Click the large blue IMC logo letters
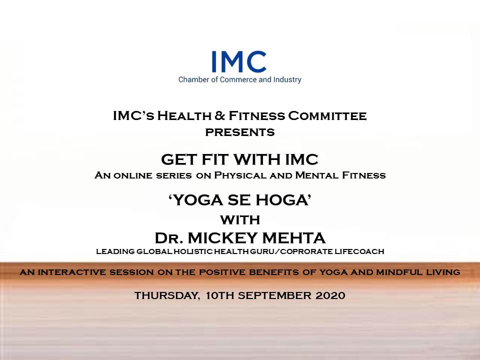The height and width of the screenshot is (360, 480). tap(239, 61)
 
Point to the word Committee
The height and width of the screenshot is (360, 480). tap(327, 116)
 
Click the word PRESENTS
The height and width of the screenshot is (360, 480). tap(240, 132)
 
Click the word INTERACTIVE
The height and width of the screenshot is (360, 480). tap(72, 272)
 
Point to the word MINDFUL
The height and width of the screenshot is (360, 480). tap(399, 272)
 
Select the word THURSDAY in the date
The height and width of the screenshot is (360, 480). tap(168, 295)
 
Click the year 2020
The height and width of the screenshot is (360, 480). tap(330, 295)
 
